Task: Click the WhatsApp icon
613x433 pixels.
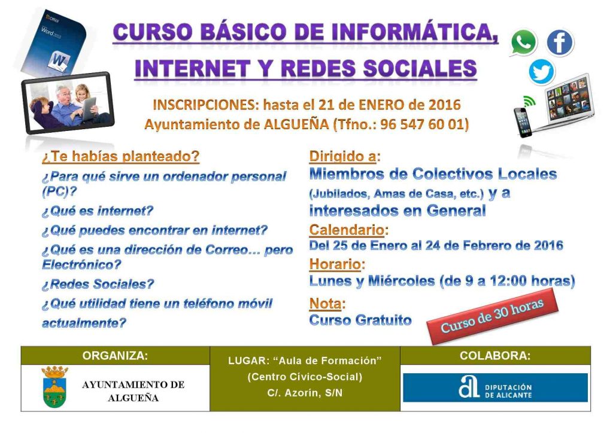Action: point(523,42)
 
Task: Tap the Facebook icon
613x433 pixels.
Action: point(560,42)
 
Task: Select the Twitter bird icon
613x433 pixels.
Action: point(542,72)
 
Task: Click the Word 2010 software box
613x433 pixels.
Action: point(54,42)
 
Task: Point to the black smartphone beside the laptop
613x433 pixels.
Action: point(523,121)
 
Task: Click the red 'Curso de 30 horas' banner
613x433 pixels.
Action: point(492,316)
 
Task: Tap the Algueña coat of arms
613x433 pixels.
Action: point(54,387)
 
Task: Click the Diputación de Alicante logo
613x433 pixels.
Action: point(495,388)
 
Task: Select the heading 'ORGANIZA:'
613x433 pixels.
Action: point(116,356)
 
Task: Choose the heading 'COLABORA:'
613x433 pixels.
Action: point(495,356)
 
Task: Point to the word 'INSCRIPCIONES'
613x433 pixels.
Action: point(204,105)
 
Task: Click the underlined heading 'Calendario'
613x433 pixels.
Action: point(347,230)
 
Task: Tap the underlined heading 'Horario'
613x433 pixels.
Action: point(335,264)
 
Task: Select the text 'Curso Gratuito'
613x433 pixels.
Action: point(360,320)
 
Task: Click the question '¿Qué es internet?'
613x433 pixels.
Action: point(98,211)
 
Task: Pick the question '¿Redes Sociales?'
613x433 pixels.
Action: point(98,284)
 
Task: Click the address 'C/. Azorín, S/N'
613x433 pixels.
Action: point(305,393)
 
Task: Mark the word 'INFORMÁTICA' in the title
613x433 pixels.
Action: point(399,32)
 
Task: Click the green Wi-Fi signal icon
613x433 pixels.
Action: point(529,101)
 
